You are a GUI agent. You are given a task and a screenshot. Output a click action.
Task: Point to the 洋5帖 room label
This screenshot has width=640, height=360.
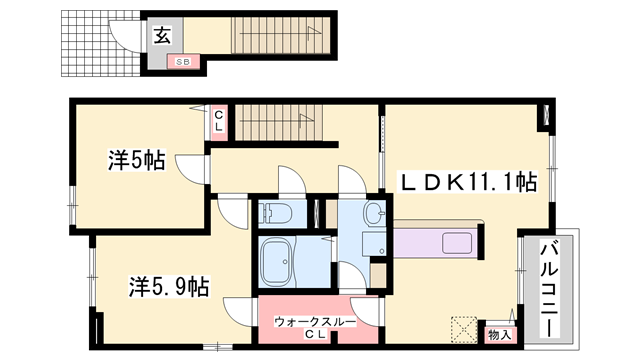coord(136,159)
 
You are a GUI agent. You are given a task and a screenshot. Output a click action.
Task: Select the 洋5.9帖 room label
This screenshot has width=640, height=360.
coord(168,286)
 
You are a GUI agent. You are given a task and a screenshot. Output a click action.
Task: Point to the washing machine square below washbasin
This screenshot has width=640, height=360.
coord(379,271)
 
